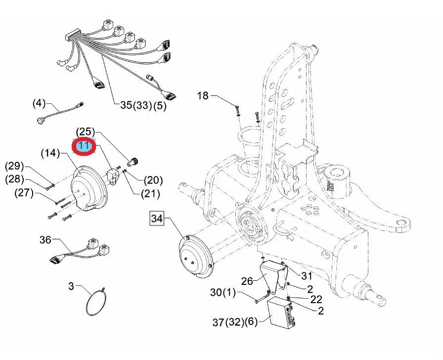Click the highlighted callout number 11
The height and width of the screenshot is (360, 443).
84,146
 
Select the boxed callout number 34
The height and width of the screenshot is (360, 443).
157,219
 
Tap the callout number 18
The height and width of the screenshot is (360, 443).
203,96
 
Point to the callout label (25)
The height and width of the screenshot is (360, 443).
86,132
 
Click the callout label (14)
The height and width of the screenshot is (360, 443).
50,153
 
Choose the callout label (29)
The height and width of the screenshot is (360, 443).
14,166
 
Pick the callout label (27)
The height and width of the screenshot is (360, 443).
24,193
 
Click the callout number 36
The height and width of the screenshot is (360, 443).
45,240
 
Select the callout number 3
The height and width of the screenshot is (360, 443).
71,286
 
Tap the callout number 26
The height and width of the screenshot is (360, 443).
247,281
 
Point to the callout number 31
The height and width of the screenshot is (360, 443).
307,276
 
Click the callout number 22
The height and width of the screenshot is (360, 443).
316,300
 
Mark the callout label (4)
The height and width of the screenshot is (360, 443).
39,103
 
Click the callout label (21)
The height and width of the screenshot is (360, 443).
150,194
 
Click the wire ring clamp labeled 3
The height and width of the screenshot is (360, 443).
96,302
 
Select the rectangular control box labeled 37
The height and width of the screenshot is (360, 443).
282,314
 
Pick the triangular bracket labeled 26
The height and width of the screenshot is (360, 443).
273,276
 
